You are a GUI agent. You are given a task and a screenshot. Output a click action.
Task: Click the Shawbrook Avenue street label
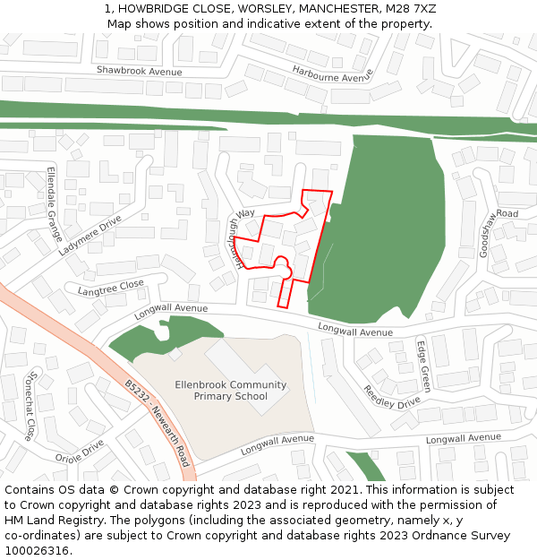tap(139, 71)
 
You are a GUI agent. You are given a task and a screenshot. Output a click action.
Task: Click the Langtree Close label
tap(110, 288)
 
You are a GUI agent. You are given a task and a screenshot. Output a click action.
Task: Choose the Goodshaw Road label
tap(498, 233)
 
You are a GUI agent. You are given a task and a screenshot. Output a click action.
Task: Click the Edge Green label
tap(424, 366)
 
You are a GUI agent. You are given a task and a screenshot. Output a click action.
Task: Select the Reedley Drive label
tap(391, 397)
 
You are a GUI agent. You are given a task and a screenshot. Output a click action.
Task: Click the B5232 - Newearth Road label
tap(158, 426)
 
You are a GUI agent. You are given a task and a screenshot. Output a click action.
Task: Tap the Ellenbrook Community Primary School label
tap(230, 391)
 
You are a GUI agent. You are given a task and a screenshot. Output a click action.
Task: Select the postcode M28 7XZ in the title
tap(412, 8)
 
